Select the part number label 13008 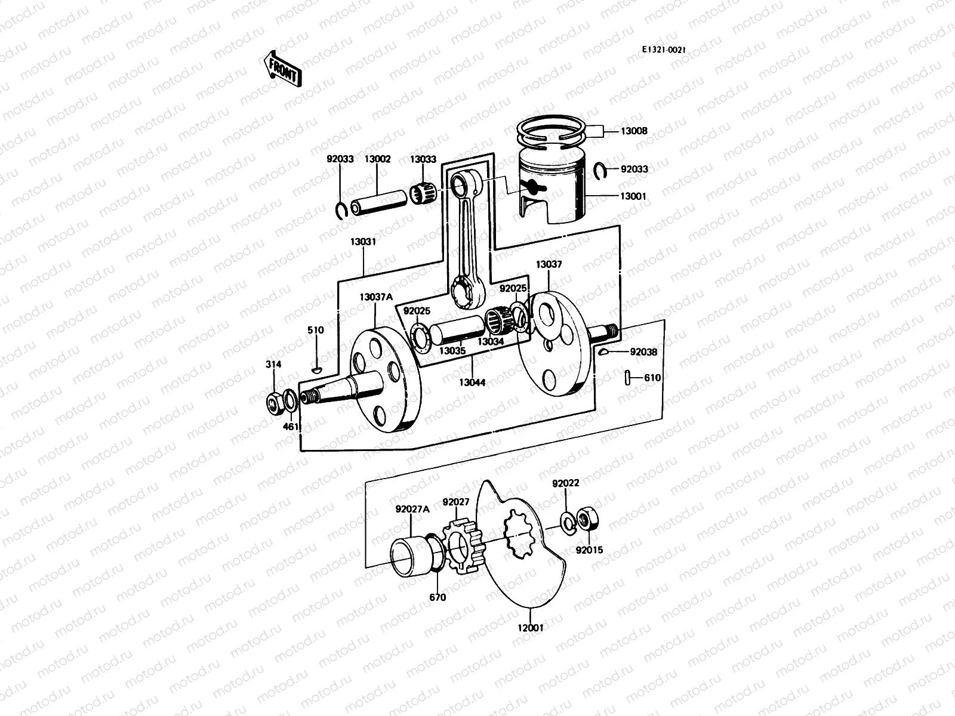(x=634, y=131)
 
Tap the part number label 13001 (x=634, y=196)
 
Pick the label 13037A (x=376, y=297)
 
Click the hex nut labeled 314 (x=275, y=405)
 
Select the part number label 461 (x=290, y=427)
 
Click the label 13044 (x=473, y=382)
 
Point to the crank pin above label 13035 (x=456, y=332)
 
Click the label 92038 (x=643, y=352)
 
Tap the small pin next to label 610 (x=629, y=378)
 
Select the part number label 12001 (x=531, y=627)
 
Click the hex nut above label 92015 (x=588, y=519)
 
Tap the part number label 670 (x=438, y=597)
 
